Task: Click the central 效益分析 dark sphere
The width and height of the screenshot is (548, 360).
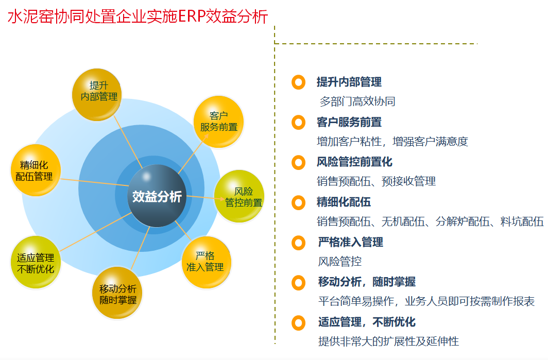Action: coord(157,196)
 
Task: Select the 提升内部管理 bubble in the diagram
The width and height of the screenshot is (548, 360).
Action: coord(97,95)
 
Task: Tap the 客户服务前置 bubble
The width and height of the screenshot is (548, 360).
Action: coord(218,121)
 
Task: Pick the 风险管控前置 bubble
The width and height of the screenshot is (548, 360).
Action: coord(239,196)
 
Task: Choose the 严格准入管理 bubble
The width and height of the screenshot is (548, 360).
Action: coord(207,262)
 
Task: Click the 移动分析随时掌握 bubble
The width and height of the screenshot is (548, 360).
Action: coord(117,293)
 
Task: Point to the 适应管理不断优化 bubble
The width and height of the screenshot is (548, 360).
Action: coord(36,262)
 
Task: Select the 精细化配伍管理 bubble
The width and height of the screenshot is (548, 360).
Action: coord(36,170)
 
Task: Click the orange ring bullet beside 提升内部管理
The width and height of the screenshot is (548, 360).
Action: coord(299,82)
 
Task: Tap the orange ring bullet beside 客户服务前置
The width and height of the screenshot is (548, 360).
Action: coord(299,123)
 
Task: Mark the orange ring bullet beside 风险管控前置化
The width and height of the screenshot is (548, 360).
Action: coord(299,163)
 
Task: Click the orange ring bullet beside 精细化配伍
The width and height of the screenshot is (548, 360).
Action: coord(299,203)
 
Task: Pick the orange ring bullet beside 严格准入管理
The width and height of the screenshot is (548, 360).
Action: coord(299,243)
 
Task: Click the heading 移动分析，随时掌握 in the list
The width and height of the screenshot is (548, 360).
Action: coord(367,282)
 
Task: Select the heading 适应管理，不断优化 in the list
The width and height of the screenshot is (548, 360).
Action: coord(367,322)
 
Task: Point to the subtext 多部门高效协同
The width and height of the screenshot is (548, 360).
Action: coord(357,101)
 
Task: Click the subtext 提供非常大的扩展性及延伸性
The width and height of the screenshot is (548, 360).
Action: coord(388,341)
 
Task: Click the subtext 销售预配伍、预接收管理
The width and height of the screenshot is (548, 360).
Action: coord(376,181)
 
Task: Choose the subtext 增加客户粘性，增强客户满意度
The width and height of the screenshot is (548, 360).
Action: coord(392,142)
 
